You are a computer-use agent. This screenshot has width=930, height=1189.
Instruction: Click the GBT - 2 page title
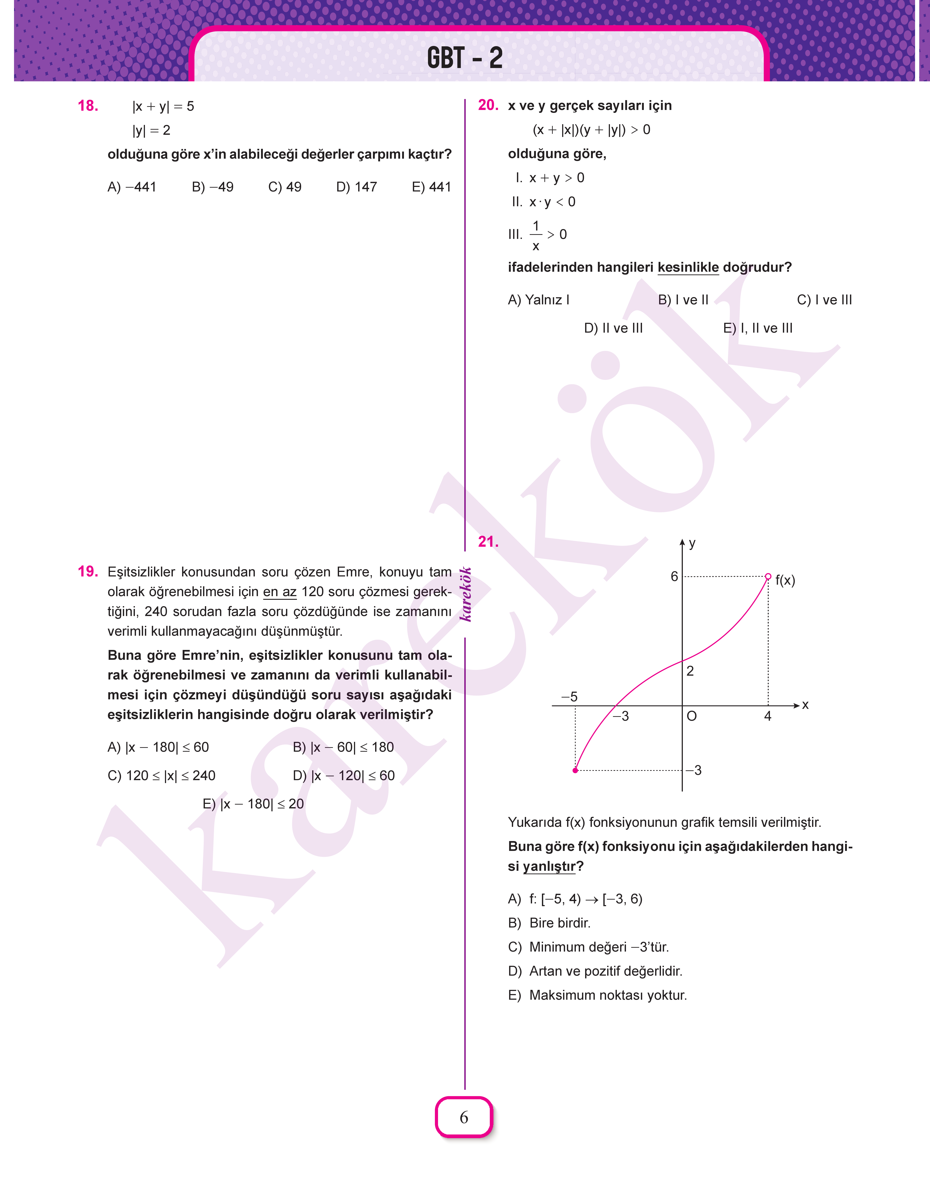464,58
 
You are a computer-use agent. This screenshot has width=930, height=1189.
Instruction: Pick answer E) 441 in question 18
431,187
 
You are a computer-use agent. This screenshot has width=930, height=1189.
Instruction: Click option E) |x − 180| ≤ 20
253,804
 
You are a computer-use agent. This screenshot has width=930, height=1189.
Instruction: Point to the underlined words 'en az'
279,592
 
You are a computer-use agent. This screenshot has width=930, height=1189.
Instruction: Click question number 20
488,105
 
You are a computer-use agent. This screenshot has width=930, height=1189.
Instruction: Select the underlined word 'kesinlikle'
688,267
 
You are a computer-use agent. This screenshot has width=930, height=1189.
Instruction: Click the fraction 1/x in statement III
536,235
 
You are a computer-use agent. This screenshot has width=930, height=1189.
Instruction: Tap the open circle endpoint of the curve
768,576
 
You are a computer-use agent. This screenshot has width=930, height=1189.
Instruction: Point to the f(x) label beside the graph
785,581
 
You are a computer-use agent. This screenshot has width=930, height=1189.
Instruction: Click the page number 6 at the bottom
464,1117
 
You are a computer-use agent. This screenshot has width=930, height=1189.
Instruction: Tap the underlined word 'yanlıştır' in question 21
549,867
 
